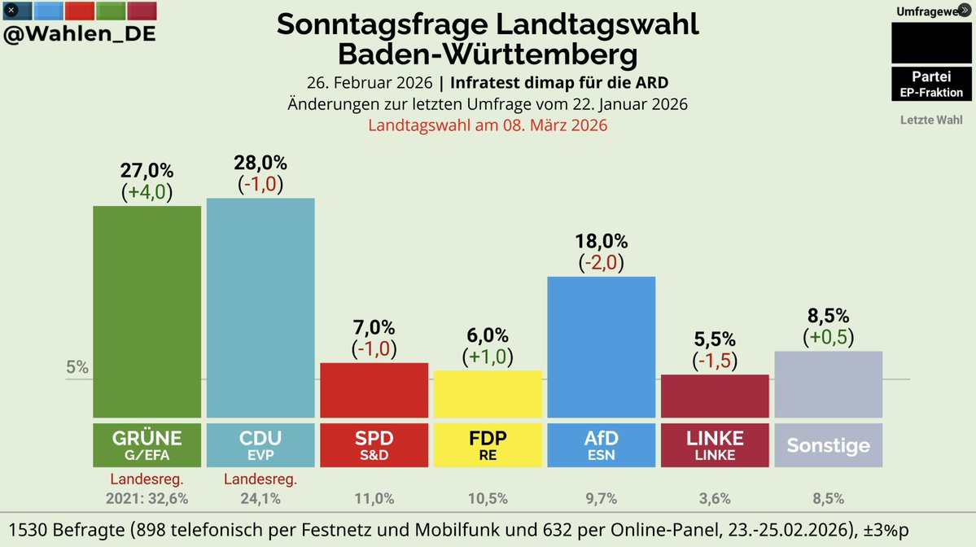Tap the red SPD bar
[374, 390]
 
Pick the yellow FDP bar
[488, 394]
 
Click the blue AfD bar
[602, 347]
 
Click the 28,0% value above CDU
[260, 163]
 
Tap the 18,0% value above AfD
[602, 241]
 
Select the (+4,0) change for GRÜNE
[147, 193]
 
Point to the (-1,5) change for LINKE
[715, 360]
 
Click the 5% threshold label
[77, 367]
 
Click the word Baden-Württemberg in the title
[488, 55]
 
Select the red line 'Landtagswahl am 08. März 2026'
[488, 125]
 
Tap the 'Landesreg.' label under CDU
[260, 479]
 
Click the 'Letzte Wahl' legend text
[931, 120]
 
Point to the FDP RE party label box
[488, 444]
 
